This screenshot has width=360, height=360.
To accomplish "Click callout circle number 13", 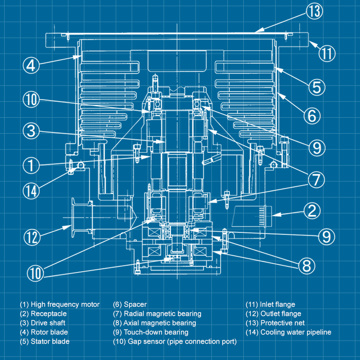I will (x=314, y=11).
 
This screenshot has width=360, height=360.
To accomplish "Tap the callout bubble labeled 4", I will (x=31, y=65).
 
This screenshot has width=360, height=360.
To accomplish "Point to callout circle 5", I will (x=316, y=87).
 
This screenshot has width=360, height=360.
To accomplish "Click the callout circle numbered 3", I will (x=31, y=131).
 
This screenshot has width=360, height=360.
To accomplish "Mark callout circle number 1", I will (x=31, y=165).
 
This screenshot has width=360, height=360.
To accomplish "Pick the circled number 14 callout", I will (x=31, y=190).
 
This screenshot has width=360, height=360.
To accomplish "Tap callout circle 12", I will (x=31, y=237).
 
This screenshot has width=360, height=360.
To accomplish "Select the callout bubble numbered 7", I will (x=316, y=179).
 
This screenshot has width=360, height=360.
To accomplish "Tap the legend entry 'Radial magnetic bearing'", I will (x=157, y=314).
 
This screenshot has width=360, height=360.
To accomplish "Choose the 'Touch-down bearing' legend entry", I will (x=149, y=332).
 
